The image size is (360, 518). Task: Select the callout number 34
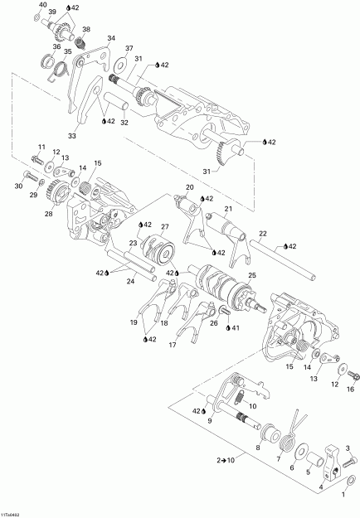coord(112,37)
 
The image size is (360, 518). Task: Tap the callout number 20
coord(190,187)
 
